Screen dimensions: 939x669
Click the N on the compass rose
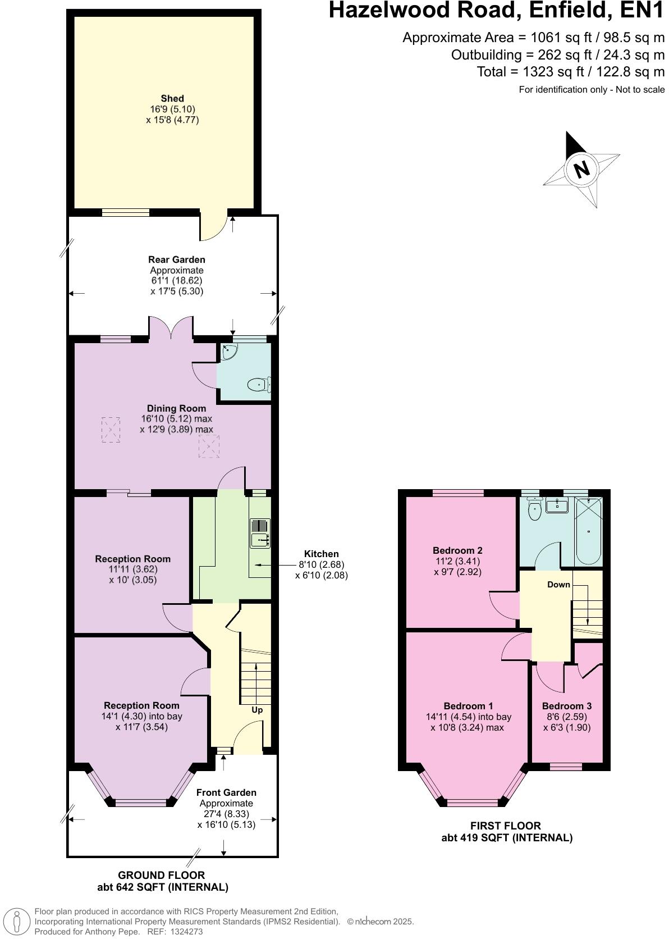tap(582, 168)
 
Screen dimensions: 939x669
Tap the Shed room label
tap(172, 98)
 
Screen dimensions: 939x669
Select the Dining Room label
tap(176, 408)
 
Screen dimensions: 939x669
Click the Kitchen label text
tap(321, 554)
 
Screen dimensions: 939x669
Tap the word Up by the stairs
tap(257, 710)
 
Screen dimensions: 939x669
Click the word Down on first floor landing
tap(558, 585)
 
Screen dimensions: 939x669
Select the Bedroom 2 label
tap(457, 550)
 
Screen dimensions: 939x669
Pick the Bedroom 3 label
tap(566, 706)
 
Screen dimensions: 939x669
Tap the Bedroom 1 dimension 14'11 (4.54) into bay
tap(468, 717)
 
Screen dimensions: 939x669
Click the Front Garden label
tap(226, 792)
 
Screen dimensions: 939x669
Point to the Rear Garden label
tap(176, 259)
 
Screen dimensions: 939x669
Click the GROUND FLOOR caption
tap(161, 875)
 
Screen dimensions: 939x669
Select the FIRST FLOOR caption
tap(506, 826)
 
